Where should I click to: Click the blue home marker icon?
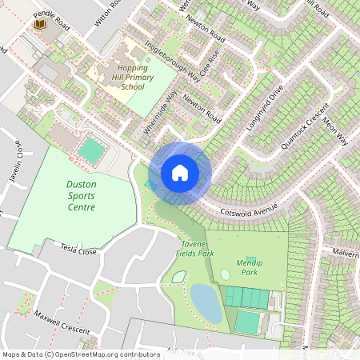[180, 173]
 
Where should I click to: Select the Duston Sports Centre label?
[81, 195]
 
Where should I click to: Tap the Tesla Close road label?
[78, 250]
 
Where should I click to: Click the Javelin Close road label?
[16, 160]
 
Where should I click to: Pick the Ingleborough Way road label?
[172, 61]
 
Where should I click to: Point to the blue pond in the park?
[206, 304]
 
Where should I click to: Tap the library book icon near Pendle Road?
[38, 27]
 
